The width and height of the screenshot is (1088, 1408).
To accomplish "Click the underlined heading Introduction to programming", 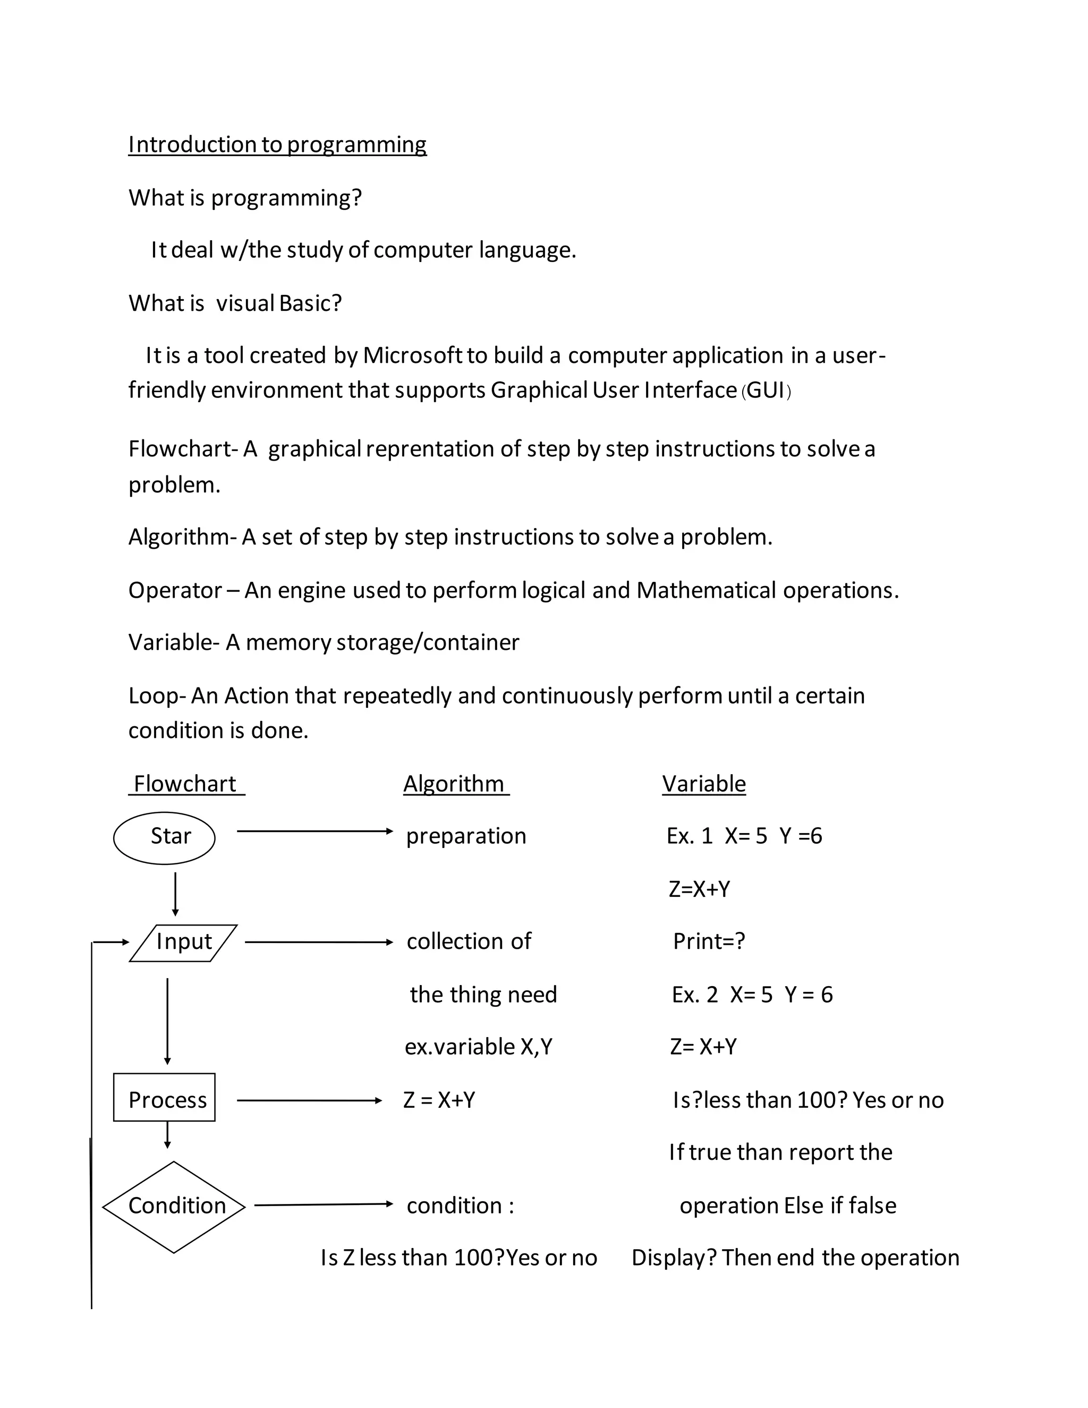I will click(x=277, y=145).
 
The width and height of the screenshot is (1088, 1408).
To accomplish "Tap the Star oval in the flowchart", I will click(x=164, y=837).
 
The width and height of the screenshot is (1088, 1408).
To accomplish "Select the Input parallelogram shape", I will click(x=184, y=943).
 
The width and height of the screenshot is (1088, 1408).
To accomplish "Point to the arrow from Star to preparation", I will click(x=314, y=832).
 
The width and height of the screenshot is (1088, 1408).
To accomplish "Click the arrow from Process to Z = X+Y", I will click(x=309, y=1100).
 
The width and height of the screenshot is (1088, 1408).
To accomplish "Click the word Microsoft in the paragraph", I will click(x=412, y=356).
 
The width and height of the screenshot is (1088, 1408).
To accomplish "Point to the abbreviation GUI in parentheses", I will click(x=766, y=391).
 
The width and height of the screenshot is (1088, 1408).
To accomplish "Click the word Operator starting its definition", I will click(x=175, y=590).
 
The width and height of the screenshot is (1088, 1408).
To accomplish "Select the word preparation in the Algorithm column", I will click(x=466, y=836).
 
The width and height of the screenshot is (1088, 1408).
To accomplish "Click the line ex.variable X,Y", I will click(x=478, y=1046).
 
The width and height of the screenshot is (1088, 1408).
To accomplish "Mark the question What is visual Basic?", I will click(x=235, y=303).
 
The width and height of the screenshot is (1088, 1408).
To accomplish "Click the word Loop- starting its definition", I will click(x=157, y=696).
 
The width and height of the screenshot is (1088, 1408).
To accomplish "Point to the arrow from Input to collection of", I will click(x=318, y=943).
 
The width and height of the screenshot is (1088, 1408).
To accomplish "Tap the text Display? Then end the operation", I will click(x=795, y=1258).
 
